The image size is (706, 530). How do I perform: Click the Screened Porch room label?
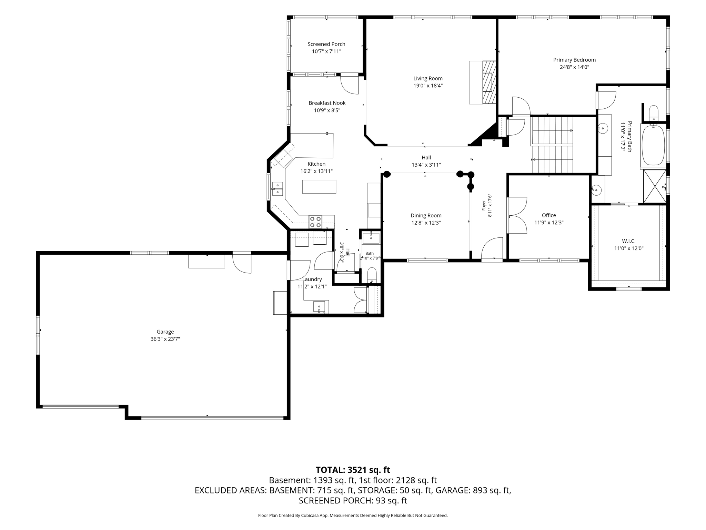pyautogui.click(x=326, y=44)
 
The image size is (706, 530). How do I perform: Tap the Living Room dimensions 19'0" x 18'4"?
pyautogui.click(x=428, y=86)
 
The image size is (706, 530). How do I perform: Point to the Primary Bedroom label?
pyautogui.click(x=574, y=60)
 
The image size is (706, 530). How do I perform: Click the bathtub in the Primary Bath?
pyautogui.click(x=653, y=146)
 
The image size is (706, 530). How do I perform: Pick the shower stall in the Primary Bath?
pyautogui.click(x=655, y=186)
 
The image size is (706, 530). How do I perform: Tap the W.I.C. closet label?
pyautogui.click(x=629, y=241)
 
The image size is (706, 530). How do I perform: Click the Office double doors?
pyautogui.click(x=516, y=215)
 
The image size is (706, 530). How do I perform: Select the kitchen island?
pyautogui.click(x=319, y=187)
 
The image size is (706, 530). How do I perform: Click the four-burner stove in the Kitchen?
pyautogui.click(x=315, y=222)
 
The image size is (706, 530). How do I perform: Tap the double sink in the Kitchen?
pyautogui.click(x=277, y=189)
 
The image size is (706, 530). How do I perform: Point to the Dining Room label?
pyautogui.click(x=426, y=216)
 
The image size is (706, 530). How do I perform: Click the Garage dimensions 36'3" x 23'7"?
pyautogui.click(x=165, y=339)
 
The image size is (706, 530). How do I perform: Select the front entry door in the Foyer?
pyautogui.click(x=492, y=248)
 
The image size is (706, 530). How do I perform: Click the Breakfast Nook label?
pyautogui.click(x=327, y=103)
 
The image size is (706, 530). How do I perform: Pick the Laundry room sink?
pyautogui.click(x=319, y=306)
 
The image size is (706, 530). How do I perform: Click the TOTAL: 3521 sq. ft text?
pyautogui.click(x=353, y=470)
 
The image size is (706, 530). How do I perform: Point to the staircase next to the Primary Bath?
pyautogui.click(x=553, y=145)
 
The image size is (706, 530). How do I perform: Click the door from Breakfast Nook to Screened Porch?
pyautogui.click(x=350, y=85)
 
